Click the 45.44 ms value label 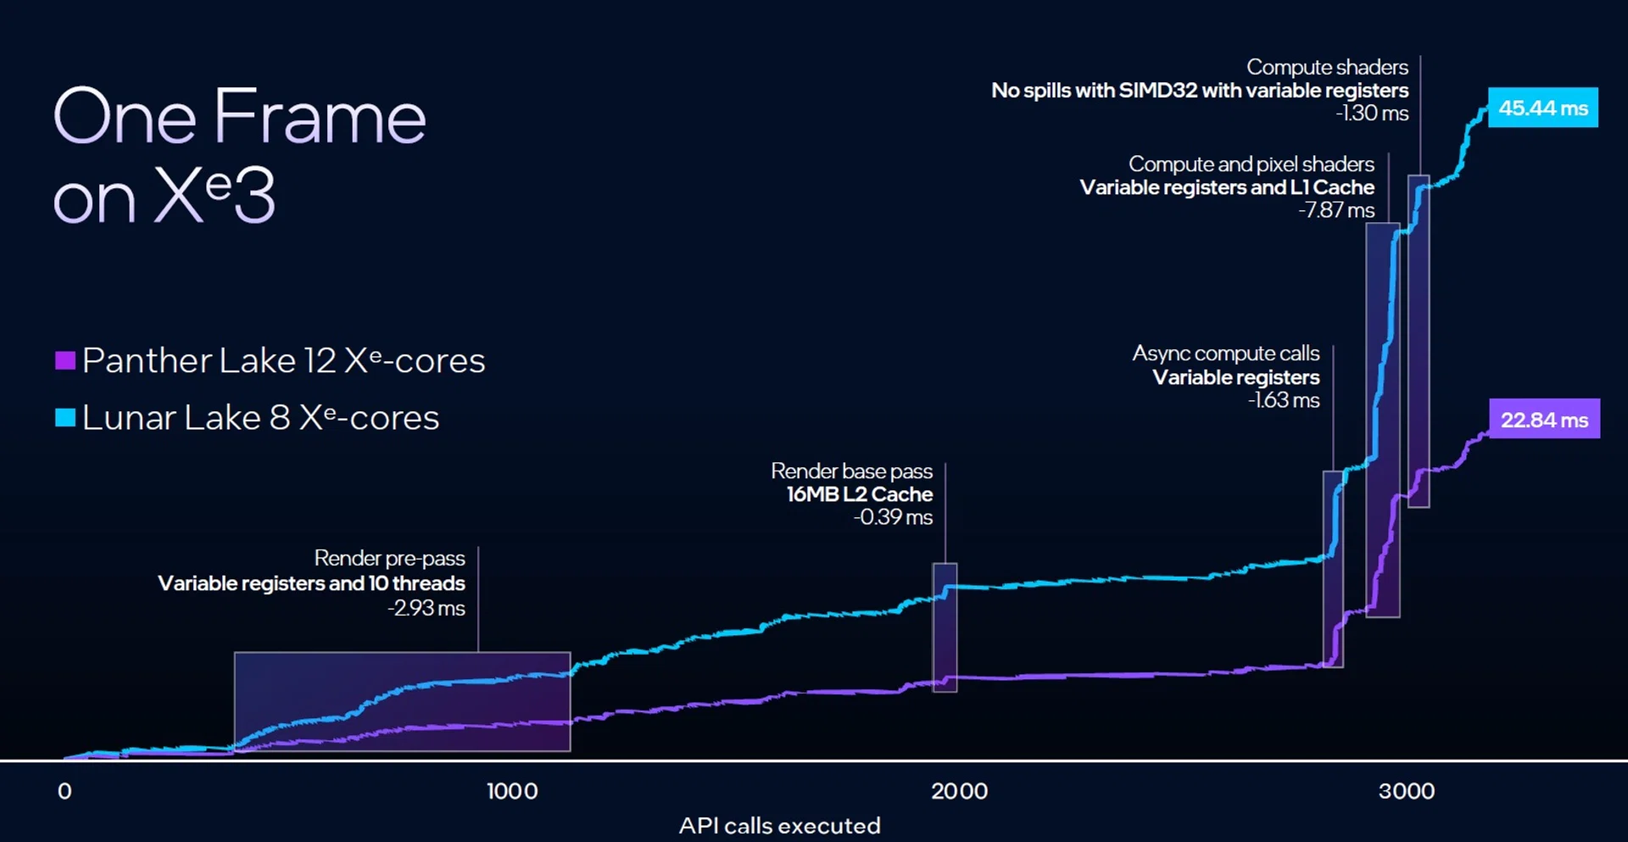coord(1542,108)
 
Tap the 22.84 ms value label coord(1544,419)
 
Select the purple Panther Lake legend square coord(65,360)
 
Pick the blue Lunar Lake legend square coord(65,417)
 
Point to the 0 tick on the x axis coord(64,791)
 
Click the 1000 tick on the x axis coord(512,791)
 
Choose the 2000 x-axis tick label coord(959,791)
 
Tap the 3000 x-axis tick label coord(1406,791)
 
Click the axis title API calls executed coord(779,825)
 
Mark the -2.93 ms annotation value coord(427,608)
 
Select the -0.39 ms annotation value coord(893,517)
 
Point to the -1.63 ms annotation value coord(1284,400)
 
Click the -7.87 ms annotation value coord(1336,210)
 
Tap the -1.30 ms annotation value coord(1372,114)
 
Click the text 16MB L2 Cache coord(860,494)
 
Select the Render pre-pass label coord(389,558)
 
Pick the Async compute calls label coord(1225,353)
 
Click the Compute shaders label coord(1327,67)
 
